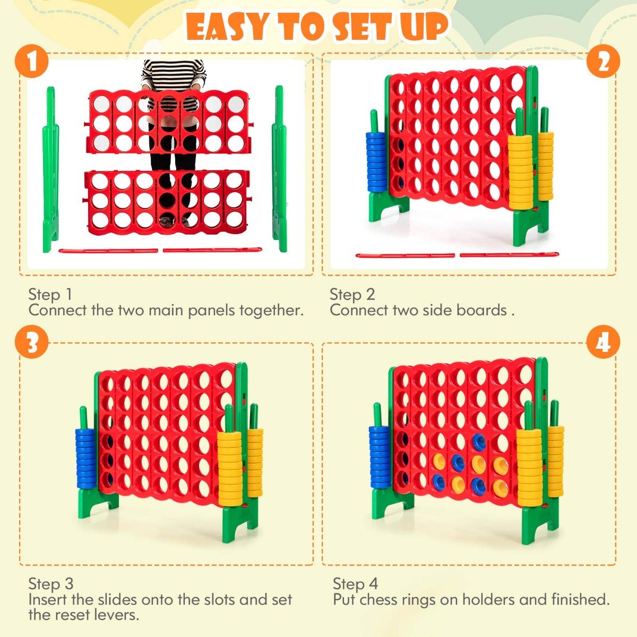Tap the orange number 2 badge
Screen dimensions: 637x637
[603, 62]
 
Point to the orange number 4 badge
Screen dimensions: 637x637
[603, 343]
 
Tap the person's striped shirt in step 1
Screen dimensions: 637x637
[174, 74]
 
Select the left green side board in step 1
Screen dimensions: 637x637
[50, 170]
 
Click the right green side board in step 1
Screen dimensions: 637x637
[279, 170]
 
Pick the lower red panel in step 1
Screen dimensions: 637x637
[167, 199]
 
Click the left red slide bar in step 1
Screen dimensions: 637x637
[108, 251]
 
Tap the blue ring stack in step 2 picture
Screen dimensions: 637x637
[377, 162]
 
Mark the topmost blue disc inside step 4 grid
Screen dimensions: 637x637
[479, 440]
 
